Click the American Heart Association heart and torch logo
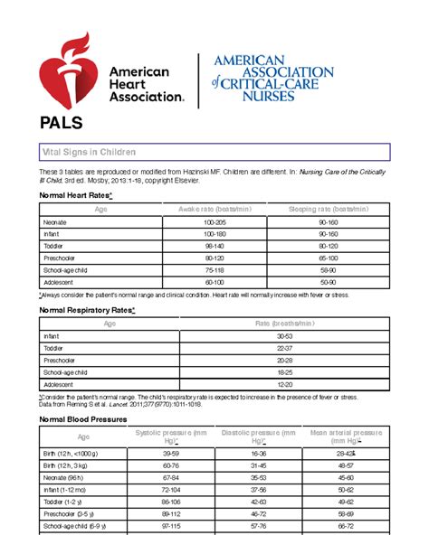(x=67, y=70)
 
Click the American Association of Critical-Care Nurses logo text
(x=272, y=79)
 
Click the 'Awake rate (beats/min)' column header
(x=214, y=210)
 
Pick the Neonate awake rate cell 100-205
(x=214, y=221)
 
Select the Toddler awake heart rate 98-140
(x=214, y=246)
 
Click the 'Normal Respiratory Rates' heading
(x=87, y=309)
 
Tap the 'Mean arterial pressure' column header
(x=346, y=437)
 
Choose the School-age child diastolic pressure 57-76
(x=258, y=525)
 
